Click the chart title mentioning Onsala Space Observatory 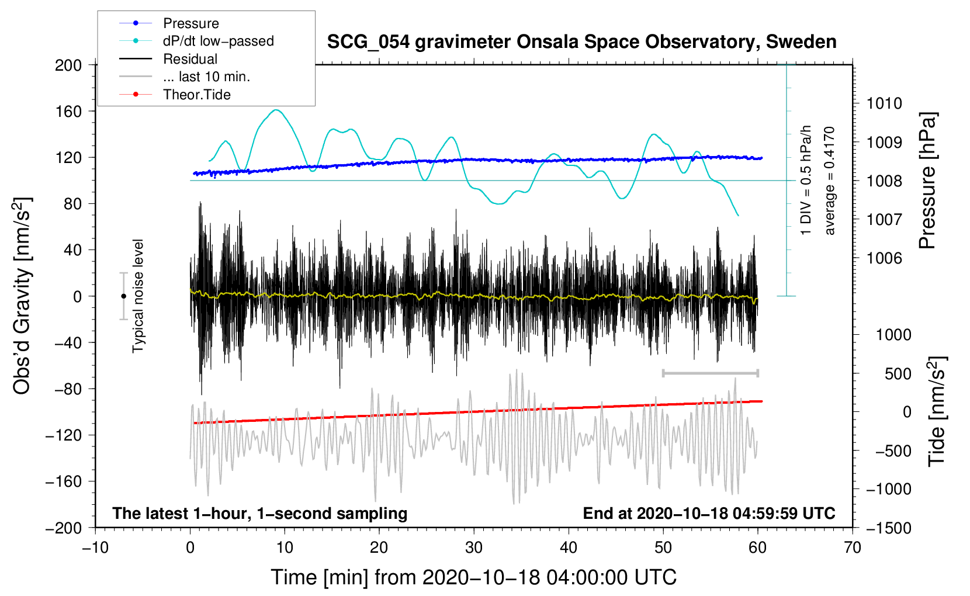tap(581, 42)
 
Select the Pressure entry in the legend tap(190, 23)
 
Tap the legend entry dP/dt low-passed tap(218, 41)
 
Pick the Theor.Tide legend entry tap(196, 95)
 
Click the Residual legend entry tap(190, 59)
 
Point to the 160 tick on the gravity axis tap(68, 111)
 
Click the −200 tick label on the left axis tap(64, 528)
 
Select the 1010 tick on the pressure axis tap(884, 103)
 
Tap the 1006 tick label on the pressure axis tap(884, 258)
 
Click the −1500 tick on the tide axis tap(888, 528)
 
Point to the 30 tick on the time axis tap(474, 548)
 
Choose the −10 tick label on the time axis tap(95, 548)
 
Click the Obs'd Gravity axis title tap(22, 296)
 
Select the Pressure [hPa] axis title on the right tap(927, 181)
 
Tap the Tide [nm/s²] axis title tap(937, 411)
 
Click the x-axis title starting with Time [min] tap(473, 577)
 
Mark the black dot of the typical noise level tap(123, 296)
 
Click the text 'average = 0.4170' tap(830, 181)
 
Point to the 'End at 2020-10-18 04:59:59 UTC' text tap(709, 513)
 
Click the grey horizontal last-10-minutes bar tap(710, 373)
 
